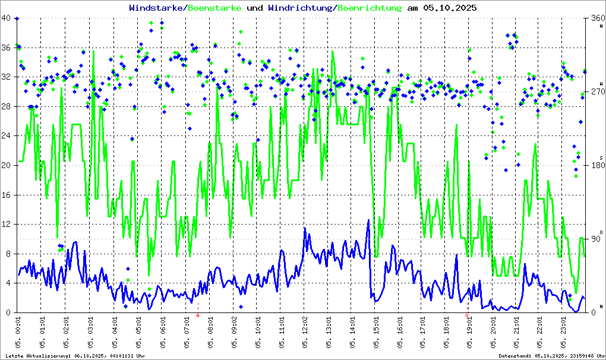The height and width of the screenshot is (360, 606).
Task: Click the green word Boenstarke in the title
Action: (214, 8)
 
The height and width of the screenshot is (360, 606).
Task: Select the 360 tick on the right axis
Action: (596, 18)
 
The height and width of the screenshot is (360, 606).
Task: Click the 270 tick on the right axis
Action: (596, 92)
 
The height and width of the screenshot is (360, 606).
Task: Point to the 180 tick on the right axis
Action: (596, 166)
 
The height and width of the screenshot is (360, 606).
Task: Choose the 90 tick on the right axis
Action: (596, 239)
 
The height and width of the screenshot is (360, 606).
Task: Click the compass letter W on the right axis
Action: (601, 84)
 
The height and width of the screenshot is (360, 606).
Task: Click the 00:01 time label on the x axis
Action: (18, 330)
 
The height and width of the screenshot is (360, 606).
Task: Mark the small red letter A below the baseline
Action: (198, 315)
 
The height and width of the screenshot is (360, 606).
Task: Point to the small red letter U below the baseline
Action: (467, 315)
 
